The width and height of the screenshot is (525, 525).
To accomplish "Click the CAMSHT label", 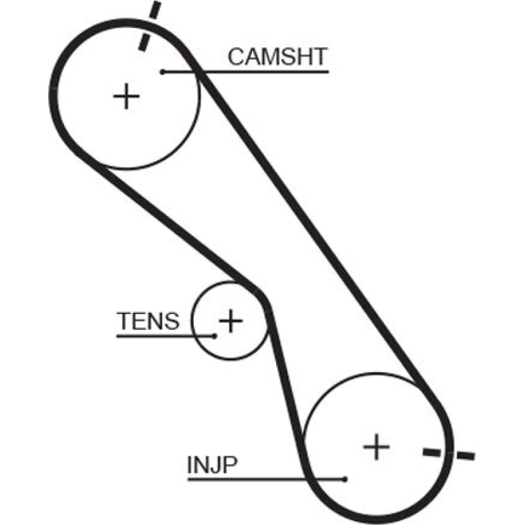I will pyautogui.click(x=277, y=57).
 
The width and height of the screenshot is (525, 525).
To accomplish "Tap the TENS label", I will pyautogui.click(x=148, y=321).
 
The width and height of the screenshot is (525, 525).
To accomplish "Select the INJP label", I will pyautogui.click(x=212, y=465).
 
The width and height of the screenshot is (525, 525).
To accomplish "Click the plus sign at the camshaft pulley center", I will pyautogui.click(x=126, y=97).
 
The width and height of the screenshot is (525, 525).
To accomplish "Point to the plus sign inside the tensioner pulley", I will pyautogui.click(x=230, y=320).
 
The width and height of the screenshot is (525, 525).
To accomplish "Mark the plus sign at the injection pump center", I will pyautogui.click(x=376, y=447).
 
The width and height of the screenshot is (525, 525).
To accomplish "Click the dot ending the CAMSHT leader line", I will pyautogui.click(x=163, y=71).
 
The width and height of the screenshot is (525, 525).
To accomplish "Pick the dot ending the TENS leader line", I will pyautogui.click(x=215, y=335).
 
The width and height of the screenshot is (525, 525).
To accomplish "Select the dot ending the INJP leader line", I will pyautogui.click(x=344, y=479).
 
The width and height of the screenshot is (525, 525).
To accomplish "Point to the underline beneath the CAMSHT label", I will pyautogui.click(x=262, y=71).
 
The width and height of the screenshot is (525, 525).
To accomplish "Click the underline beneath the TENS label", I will pyautogui.click(x=157, y=335).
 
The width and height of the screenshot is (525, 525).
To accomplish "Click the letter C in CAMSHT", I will pyautogui.click(x=236, y=57).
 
